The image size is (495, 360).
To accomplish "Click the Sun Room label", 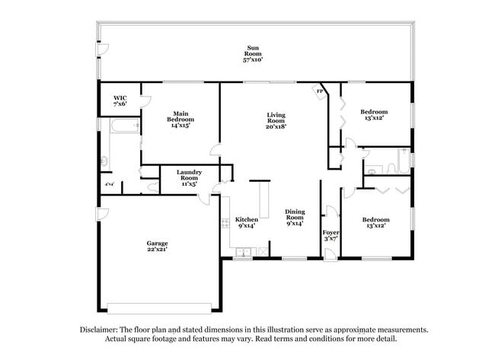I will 253,54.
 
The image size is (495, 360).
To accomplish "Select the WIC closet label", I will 120,100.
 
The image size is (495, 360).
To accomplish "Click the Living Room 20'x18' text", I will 276,121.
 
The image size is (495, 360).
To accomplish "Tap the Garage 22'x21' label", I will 157,246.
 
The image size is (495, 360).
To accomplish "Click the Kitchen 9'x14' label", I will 246,221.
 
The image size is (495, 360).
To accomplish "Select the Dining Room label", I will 295,217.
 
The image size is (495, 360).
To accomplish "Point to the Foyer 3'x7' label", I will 331,234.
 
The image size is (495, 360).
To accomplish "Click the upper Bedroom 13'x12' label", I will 374,115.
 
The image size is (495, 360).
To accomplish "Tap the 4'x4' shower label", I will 109,185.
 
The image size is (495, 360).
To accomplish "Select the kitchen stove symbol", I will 225,223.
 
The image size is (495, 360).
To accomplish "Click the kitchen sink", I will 242,252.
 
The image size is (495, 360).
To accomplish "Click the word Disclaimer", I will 99,330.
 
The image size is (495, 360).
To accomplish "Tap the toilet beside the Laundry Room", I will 152,185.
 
